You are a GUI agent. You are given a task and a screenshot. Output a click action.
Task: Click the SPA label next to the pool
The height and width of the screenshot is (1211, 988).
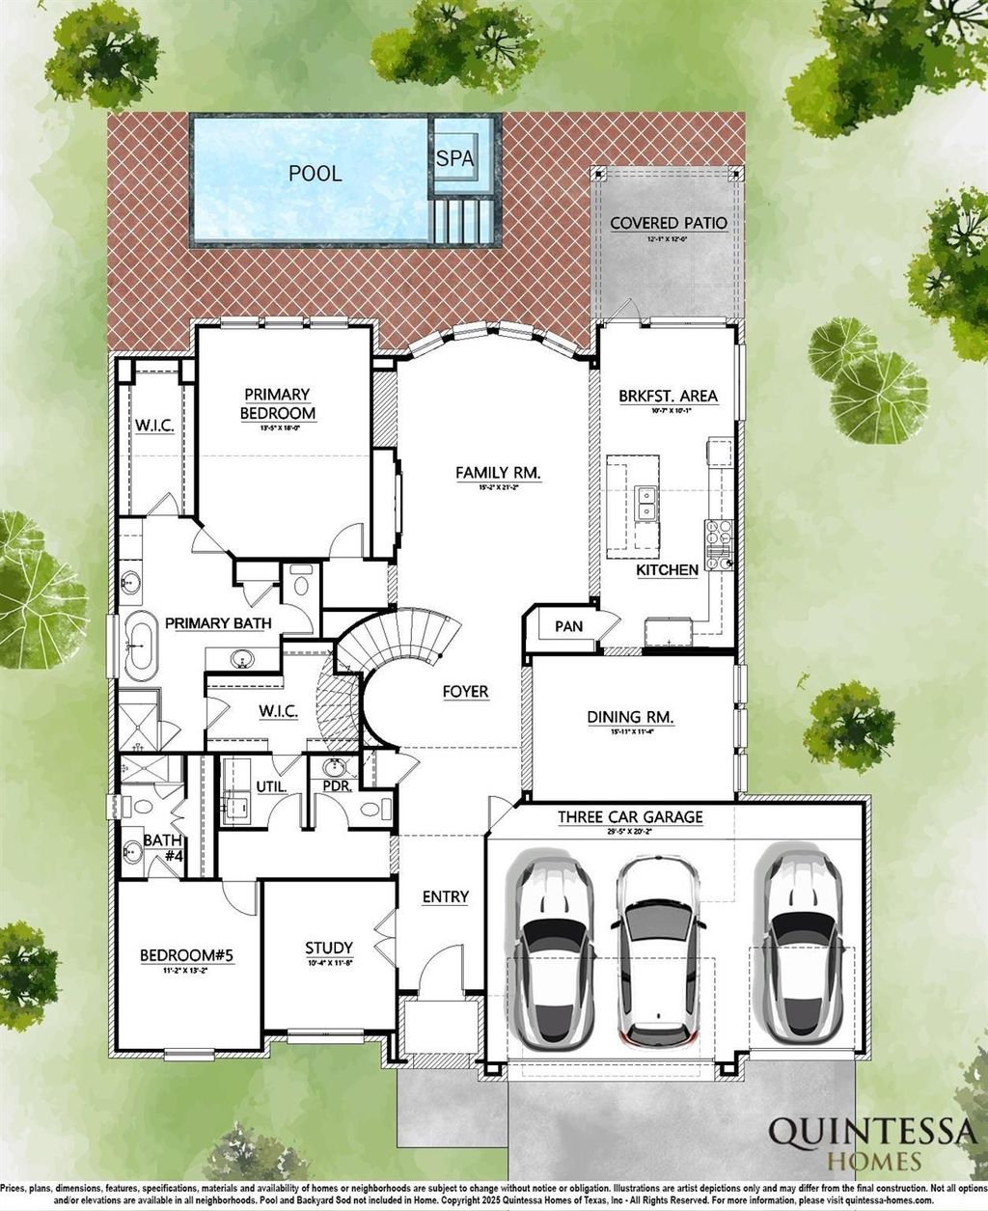(454, 158)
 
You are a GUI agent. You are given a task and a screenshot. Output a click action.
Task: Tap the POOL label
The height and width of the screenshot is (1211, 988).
(315, 174)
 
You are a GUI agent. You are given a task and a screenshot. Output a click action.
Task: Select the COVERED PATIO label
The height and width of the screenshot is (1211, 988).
(668, 223)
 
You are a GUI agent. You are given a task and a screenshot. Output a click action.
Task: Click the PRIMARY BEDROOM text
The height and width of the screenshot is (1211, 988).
(277, 403)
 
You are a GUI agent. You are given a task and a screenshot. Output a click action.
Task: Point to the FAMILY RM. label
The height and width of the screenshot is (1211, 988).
(498, 473)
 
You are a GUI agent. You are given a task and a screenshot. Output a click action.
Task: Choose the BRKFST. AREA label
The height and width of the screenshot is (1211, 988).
(668, 396)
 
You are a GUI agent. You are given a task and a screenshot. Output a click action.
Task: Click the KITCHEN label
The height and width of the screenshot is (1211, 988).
(667, 570)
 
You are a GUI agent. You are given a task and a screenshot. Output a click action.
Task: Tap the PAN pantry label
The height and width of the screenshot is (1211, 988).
(568, 626)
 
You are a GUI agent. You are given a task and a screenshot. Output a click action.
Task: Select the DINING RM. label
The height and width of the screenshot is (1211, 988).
(630, 717)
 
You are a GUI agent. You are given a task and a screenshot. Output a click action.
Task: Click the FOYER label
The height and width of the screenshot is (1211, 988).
(465, 692)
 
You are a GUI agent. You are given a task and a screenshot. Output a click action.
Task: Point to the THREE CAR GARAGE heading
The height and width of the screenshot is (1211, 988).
(630, 817)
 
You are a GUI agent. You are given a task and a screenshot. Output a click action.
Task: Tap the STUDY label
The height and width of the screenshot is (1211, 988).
(329, 948)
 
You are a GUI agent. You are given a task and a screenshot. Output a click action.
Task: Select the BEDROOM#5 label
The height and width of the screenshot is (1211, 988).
(187, 955)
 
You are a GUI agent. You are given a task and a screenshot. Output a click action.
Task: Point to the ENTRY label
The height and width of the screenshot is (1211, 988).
(446, 896)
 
